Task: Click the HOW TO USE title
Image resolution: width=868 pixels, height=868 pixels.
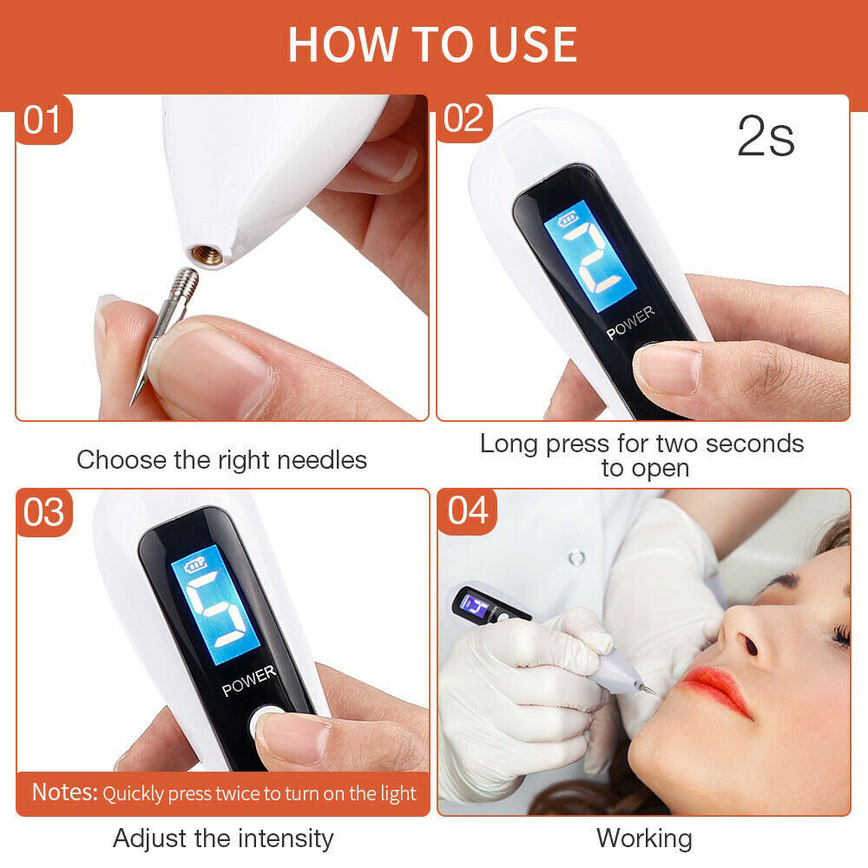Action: coord(432,43)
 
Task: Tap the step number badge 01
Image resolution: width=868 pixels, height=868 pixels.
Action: coord(43,119)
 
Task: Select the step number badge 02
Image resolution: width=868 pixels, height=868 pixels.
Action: coord(464,119)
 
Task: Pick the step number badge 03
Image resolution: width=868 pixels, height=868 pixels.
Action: coord(43,512)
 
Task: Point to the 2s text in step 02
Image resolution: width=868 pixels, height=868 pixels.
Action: coord(766,136)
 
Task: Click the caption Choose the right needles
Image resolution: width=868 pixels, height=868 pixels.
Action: coord(221,459)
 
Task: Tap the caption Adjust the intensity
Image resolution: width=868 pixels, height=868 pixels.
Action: coord(222,838)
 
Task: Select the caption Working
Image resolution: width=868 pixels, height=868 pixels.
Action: coord(644,838)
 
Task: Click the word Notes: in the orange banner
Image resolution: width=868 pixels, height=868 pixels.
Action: coord(65,792)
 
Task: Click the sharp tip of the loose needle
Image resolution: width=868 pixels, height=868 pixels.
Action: coord(134,401)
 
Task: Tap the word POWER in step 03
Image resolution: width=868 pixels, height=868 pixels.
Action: coord(249,681)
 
